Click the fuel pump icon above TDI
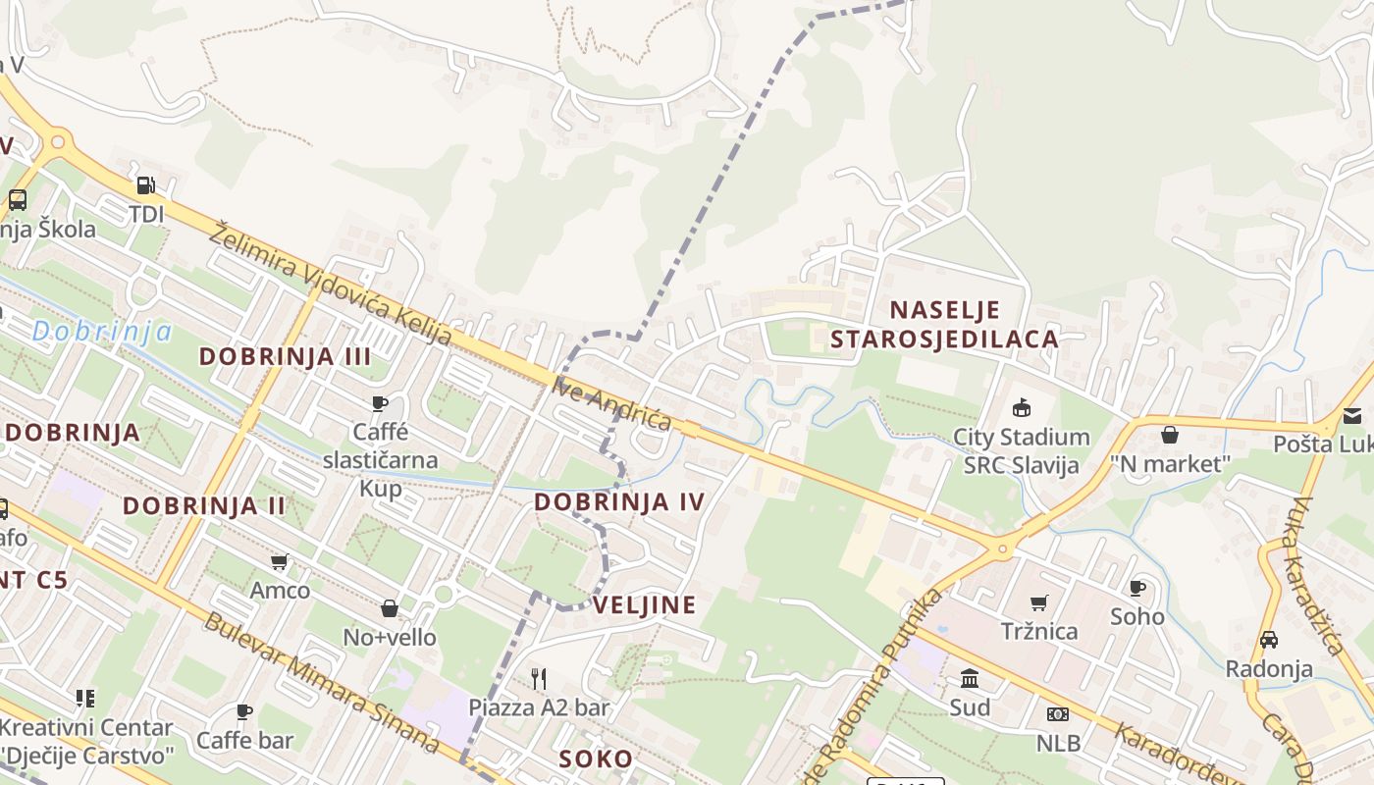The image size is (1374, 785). point(145,184)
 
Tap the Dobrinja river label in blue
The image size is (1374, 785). point(102,332)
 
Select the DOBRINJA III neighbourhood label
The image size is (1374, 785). point(286,356)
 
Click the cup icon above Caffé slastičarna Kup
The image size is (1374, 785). point(380,403)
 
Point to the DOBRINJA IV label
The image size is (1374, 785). point(619,502)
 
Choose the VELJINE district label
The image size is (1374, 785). point(645,604)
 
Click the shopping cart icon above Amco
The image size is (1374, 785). point(280,562)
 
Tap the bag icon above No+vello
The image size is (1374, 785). point(390,608)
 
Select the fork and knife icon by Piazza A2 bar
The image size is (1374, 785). point(538,678)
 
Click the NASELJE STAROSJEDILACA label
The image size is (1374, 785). point(945,325)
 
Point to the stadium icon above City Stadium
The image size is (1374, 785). point(1022,407)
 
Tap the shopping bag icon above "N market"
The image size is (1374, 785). point(1170,435)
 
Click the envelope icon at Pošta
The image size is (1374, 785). point(1352,416)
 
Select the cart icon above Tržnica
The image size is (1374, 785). point(1039,602)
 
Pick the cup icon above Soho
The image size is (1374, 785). point(1137,588)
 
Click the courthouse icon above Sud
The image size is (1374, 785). point(970,678)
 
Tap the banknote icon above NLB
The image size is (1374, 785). point(1057,714)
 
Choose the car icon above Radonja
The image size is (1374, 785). point(1268,640)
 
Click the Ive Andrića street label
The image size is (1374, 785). point(612,403)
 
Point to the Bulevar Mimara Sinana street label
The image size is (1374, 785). point(321,683)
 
